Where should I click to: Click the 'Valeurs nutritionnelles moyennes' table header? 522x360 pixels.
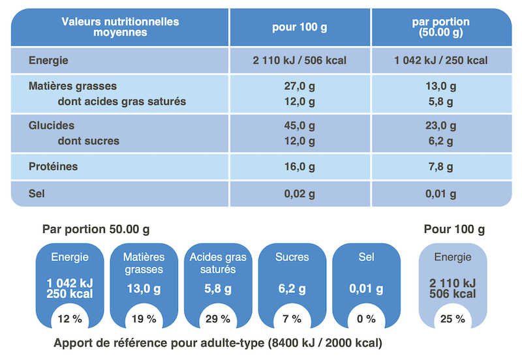click(x=120, y=27)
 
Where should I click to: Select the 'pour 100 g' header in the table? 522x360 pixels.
click(x=299, y=27)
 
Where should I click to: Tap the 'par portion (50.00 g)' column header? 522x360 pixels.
click(x=441, y=27)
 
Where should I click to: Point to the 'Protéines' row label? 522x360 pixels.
click(x=54, y=167)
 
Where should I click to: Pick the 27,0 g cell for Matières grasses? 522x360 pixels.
click(x=299, y=86)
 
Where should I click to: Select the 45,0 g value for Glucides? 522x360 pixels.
click(x=299, y=126)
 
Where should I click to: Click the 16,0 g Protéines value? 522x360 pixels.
click(x=299, y=167)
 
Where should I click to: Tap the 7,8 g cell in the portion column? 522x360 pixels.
click(x=441, y=167)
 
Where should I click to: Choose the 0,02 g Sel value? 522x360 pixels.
click(x=299, y=194)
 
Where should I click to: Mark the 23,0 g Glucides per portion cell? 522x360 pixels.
click(x=441, y=126)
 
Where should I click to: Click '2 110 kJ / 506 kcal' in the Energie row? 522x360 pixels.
click(x=299, y=61)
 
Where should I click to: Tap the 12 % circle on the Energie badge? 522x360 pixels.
click(x=69, y=319)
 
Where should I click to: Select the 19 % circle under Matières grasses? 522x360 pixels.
click(x=144, y=319)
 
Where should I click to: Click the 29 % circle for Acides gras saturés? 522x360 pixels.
click(x=218, y=319)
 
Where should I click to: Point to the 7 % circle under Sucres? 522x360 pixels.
click(x=292, y=319)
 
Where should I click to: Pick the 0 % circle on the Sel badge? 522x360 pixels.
click(x=366, y=319)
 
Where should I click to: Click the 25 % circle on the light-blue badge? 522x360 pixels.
click(x=452, y=319)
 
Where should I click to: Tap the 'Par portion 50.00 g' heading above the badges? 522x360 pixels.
click(x=96, y=230)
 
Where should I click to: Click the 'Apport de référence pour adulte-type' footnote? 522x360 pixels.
click(x=218, y=343)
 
